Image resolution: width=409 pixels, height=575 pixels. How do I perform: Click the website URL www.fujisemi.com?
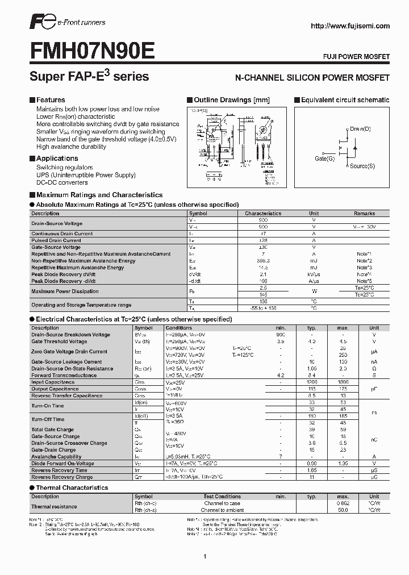[x=351, y=26]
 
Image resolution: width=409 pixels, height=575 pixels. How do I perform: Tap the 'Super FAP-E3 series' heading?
[x=89, y=76]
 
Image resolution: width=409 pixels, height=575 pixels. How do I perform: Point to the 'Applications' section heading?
[x=57, y=159]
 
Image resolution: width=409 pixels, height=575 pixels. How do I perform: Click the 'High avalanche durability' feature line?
[x=71, y=147]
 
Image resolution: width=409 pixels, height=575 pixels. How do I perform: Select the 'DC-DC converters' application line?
[x=62, y=183]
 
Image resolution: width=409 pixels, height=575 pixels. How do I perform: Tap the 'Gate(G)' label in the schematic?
[x=325, y=159]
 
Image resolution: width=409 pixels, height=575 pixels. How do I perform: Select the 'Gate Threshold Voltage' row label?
[x=59, y=341]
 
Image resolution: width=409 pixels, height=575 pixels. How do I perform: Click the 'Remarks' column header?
[x=364, y=214]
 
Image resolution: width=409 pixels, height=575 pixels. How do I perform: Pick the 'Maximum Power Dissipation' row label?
[x=65, y=291]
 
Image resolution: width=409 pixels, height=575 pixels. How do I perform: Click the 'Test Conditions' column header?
[x=222, y=496]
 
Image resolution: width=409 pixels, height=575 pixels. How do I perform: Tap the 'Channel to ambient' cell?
[x=222, y=510]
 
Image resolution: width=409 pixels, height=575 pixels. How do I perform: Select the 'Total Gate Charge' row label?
[x=52, y=430]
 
